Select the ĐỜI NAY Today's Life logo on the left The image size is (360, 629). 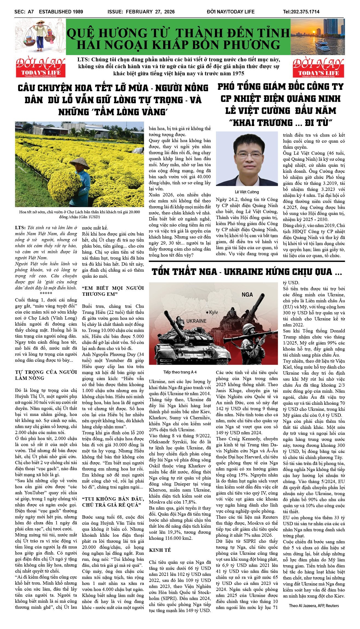pos(41,67)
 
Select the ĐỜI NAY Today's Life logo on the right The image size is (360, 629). pos(318,67)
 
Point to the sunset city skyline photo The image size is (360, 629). pos(317,37)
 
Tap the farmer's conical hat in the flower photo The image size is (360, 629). pos(79,163)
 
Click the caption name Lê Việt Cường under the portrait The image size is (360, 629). pos(247,192)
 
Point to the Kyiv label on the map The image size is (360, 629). pos(213,312)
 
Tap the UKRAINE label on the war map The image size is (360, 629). pos(196,321)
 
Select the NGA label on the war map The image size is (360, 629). pos(247,294)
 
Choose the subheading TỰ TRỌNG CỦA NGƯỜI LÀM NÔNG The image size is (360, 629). pos(46,375)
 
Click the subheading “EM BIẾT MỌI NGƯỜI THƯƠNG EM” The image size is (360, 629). pos(113,291)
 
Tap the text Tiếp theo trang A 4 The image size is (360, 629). pos(180,372)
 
